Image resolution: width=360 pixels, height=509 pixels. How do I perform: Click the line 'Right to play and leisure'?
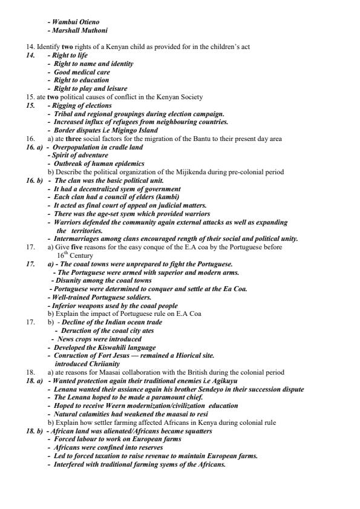pos(90,88)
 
